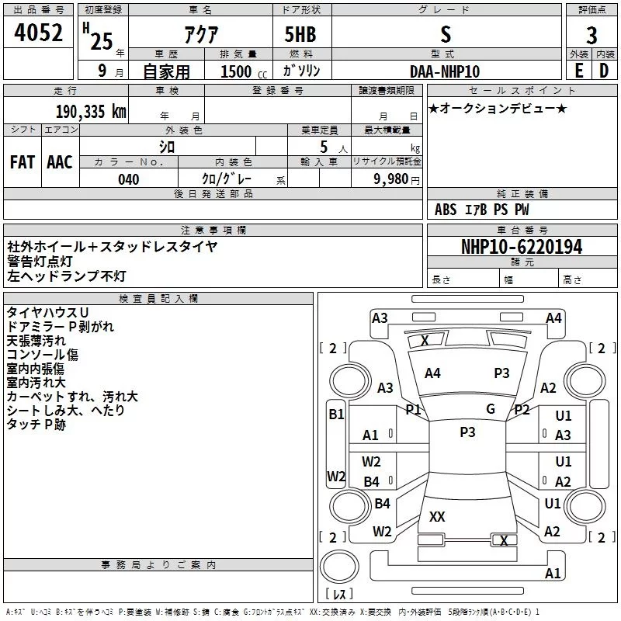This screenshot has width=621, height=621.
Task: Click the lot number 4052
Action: pyautogui.click(x=38, y=33)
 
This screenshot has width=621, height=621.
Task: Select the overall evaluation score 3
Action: pyautogui.click(x=592, y=35)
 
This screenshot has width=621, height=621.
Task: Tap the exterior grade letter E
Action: pyautogui.click(x=578, y=71)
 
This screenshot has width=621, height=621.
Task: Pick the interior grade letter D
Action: pyautogui.click(x=604, y=71)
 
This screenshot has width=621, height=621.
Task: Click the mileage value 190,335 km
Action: pyautogui.click(x=90, y=112)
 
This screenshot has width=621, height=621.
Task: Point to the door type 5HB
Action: pyautogui.click(x=301, y=35)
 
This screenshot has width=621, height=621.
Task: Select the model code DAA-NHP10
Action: pyautogui.click(x=445, y=71)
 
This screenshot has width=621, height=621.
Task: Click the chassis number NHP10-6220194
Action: pyautogui.click(x=521, y=248)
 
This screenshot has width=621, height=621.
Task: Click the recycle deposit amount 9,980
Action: pyautogui.click(x=386, y=179)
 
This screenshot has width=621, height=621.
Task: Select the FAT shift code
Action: pyautogui.click(x=22, y=161)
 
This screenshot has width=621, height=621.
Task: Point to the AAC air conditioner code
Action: pyautogui.click(x=59, y=161)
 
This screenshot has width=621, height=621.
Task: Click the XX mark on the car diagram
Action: pyautogui.click(x=437, y=516)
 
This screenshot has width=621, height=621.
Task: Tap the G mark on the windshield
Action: pyautogui.click(x=491, y=409)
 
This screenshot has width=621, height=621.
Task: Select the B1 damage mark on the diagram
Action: pyautogui.click(x=335, y=415)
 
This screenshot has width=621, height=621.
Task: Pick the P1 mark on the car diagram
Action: pyautogui.click(x=413, y=409)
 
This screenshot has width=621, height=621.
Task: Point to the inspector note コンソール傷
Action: pyautogui.click(x=42, y=355)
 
